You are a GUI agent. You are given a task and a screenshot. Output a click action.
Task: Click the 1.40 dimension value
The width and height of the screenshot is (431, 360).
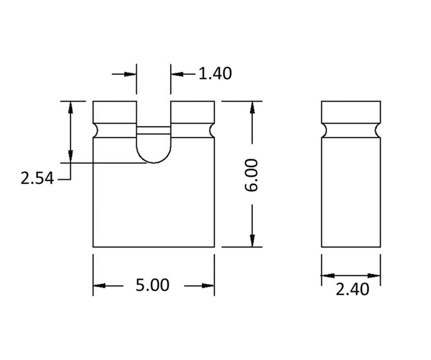pos(215,74)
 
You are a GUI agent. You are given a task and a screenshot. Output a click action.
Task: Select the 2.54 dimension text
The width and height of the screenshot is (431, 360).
pos(37,178)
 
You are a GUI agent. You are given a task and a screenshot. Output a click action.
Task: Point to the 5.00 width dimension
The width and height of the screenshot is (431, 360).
pos(153,285)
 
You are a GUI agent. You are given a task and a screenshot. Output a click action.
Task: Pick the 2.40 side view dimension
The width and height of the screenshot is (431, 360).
pos(352,289)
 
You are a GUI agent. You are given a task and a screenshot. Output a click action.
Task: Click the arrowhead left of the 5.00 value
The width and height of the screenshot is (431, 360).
pos(99,285)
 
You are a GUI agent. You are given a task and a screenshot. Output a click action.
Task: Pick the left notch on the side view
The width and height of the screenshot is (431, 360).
pos(324,130)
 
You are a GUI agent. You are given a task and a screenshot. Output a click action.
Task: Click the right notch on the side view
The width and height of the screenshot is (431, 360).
pos(378,130)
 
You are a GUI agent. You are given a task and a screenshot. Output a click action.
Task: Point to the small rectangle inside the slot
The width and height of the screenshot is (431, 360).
pos(154,130)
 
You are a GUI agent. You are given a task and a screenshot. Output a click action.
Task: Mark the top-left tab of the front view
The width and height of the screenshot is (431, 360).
pos(115,112)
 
